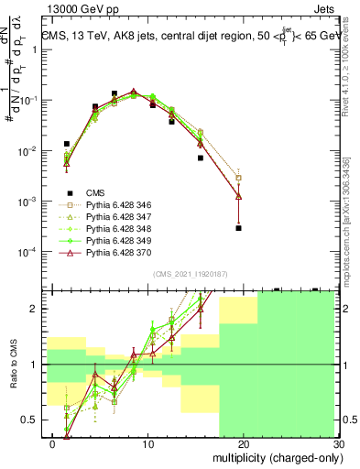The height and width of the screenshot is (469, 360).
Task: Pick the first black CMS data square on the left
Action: coord(66,144)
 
